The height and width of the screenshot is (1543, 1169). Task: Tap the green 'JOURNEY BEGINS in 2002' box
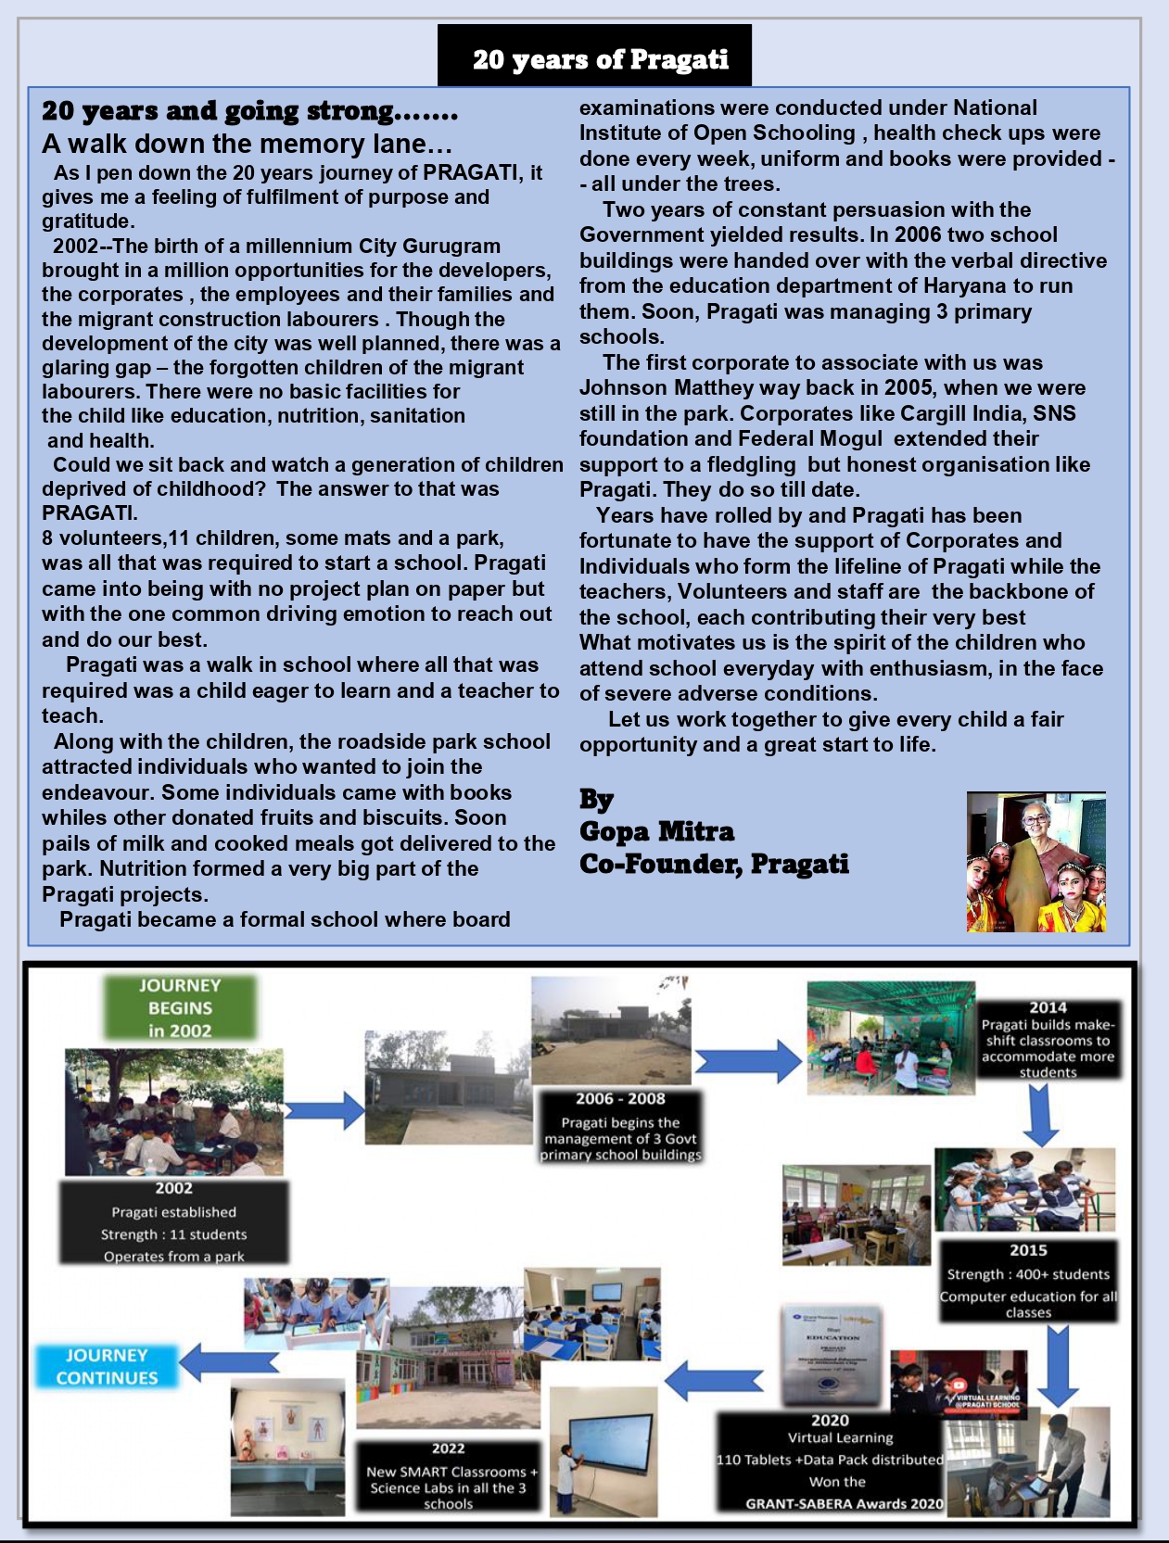click(x=180, y=1007)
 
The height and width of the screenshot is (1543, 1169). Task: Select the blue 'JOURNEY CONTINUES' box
click(x=107, y=1366)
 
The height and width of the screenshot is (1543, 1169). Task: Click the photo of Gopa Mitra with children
click(x=1036, y=861)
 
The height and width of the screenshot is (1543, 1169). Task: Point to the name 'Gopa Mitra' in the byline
click(x=656, y=831)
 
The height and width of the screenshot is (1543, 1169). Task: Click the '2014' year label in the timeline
click(x=1048, y=1007)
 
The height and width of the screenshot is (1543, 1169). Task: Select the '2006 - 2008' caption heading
click(x=620, y=1099)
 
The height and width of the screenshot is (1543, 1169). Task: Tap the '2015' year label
click(x=1028, y=1250)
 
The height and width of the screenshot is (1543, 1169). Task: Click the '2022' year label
click(x=448, y=1448)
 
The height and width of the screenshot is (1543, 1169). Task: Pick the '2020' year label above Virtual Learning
click(x=830, y=1421)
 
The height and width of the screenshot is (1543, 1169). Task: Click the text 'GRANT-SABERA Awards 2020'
click(x=844, y=1503)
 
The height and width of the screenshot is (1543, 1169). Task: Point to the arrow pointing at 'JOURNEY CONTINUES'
click(x=228, y=1361)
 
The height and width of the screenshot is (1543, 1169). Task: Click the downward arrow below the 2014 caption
click(x=1040, y=1113)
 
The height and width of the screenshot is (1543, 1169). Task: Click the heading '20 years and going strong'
click(x=249, y=111)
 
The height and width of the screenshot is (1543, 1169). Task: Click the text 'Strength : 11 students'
click(x=173, y=1234)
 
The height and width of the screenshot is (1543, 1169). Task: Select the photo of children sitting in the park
click(x=173, y=1111)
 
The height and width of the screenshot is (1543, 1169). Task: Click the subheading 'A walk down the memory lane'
click(x=247, y=144)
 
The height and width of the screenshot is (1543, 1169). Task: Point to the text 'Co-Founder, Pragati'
click(x=714, y=864)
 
